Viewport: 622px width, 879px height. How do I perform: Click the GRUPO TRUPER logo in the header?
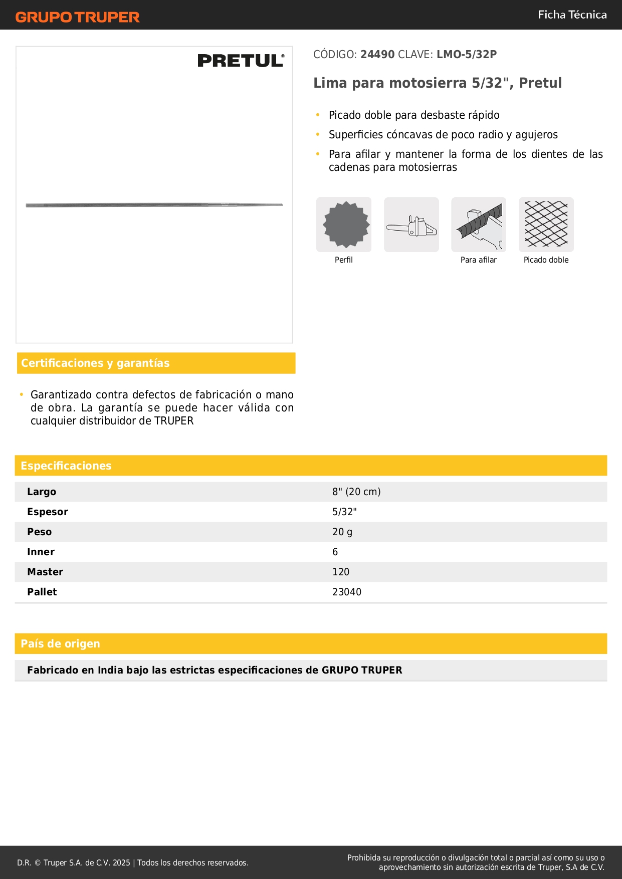[x=77, y=17]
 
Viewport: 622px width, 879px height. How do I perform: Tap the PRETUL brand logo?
[x=241, y=61]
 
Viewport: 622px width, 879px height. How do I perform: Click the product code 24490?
[x=377, y=55]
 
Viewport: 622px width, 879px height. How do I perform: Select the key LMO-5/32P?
[x=466, y=55]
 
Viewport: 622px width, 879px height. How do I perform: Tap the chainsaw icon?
[x=411, y=225]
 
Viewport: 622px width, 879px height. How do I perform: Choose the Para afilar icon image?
[x=479, y=225]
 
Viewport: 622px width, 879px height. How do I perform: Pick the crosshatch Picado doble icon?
[x=546, y=225]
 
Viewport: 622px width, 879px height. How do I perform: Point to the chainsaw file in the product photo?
[x=154, y=205]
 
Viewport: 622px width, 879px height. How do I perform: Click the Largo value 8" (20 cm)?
[x=356, y=492]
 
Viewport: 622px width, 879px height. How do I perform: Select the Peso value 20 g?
[x=342, y=532]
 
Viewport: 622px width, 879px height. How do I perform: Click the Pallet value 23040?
[x=347, y=592]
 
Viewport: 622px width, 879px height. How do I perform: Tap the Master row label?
[x=45, y=572]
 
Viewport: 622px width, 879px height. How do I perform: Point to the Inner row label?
[x=41, y=552]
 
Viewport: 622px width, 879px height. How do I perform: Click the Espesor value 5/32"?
[x=344, y=512]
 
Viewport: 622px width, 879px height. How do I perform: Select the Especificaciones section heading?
[x=66, y=466]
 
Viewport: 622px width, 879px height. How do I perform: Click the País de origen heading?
[x=60, y=643]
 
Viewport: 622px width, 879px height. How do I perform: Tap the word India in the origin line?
[x=110, y=670]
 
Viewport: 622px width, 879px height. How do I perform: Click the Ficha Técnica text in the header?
[x=572, y=15]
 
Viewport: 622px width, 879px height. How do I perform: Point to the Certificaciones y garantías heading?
[x=95, y=363]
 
